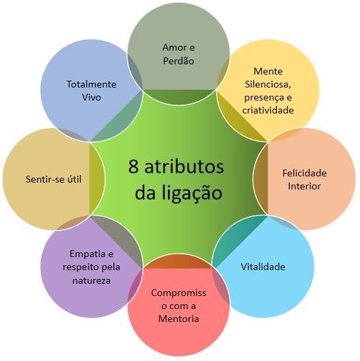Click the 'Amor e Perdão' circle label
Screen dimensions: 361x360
tap(179, 54)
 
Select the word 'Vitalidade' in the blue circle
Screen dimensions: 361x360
tap(263, 266)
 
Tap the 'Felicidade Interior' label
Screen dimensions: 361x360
tap(305, 179)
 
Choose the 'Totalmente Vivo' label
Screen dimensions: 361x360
tap(92, 91)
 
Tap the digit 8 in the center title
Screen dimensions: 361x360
tap(135, 168)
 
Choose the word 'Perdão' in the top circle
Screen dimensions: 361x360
tap(179, 61)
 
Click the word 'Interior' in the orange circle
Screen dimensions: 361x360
tap(305, 186)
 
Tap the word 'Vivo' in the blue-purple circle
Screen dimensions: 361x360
tap(92, 98)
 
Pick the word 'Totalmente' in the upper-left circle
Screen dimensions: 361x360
tap(92, 84)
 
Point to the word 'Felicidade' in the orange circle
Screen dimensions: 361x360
tap(305, 173)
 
